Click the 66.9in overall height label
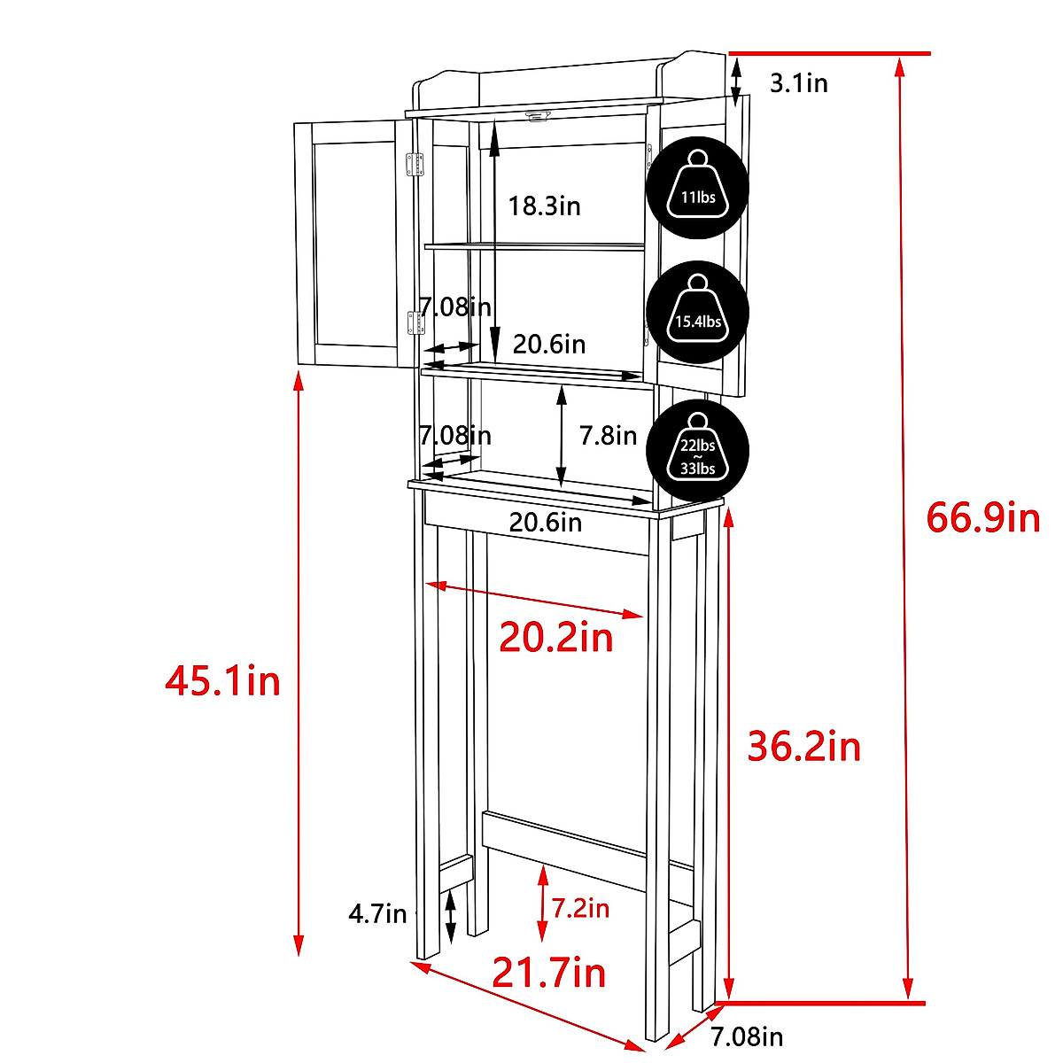tap(982, 517)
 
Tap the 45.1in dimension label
tap(223, 681)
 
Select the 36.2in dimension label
tap(803, 747)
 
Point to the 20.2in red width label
tap(555, 637)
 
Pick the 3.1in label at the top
tap(798, 83)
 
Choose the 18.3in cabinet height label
tap(544, 206)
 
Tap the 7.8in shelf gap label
tap(608, 435)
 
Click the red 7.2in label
tap(580, 908)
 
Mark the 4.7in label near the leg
tap(377, 913)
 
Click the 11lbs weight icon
tap(697, 188)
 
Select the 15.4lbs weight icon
tap(697, 312)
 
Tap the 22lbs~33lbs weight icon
tap(697, 449)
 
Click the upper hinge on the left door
tap(413, 165)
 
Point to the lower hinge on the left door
tap(413, 322)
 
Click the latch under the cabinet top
tap(537, 116)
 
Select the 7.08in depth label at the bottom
tap(747, 1036)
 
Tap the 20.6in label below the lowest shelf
tap(545, 523)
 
